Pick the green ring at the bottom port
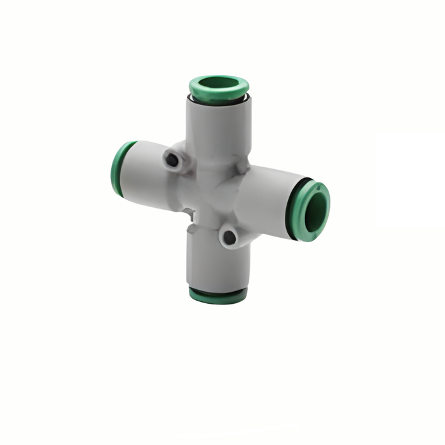(218, 296)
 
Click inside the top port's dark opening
(219, 83)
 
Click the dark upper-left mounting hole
(172, 160)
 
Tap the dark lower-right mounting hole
(229, 238)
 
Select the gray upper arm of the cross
(219, 127)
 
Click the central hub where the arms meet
(213, 191)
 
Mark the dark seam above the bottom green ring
(218, 289)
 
